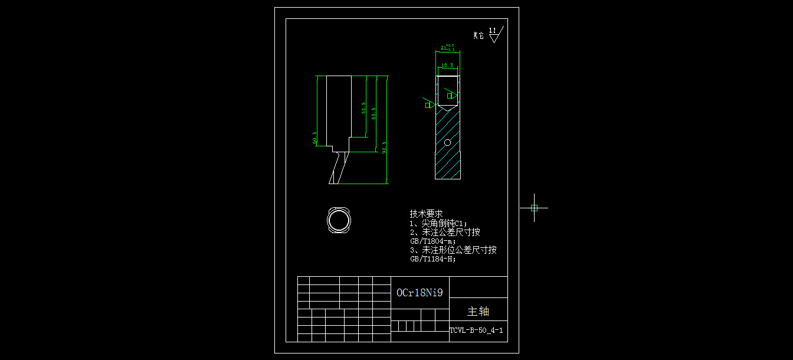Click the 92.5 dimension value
point(384,147)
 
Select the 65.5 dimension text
point(373,113)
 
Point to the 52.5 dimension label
point(363,108)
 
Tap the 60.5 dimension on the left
point(314,138)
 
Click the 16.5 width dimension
point(447,65)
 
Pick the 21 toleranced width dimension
point(447,47)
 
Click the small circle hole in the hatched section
point(447,142)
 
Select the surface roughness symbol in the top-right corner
point(493,34)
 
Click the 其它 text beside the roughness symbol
point(478,36)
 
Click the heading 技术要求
point(426,214)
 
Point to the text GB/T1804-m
point(432,241)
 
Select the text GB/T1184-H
point(432,258)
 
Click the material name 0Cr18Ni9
point(420,292)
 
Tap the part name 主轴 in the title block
point(478,311)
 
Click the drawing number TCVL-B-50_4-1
point(476,331)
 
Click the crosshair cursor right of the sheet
point(534,208)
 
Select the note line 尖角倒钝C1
point(438,223)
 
